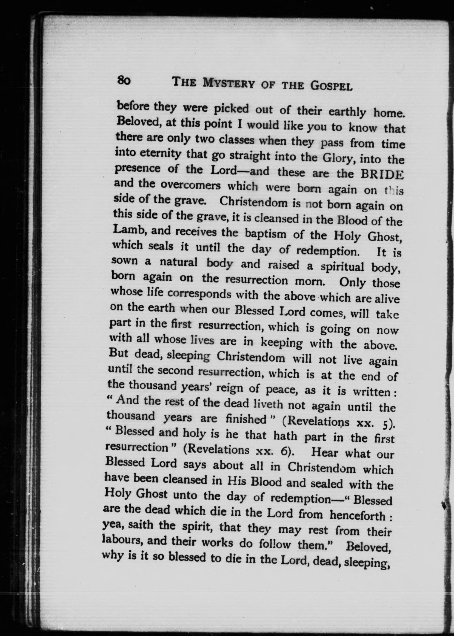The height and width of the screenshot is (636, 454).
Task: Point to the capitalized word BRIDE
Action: pyautogui.click(x=382, y=175)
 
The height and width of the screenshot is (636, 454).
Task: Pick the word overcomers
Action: pyautogui.click(x=190, y=185)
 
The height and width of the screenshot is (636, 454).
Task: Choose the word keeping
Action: pyautogui.click(x=281, y=342)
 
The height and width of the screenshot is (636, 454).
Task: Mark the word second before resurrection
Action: pyautogui.click(x=175, y=370)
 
